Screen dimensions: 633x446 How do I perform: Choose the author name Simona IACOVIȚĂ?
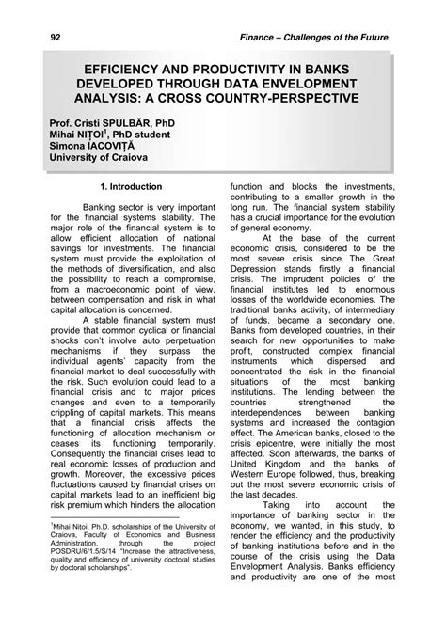pyautogui.click(x=83, y=149)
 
